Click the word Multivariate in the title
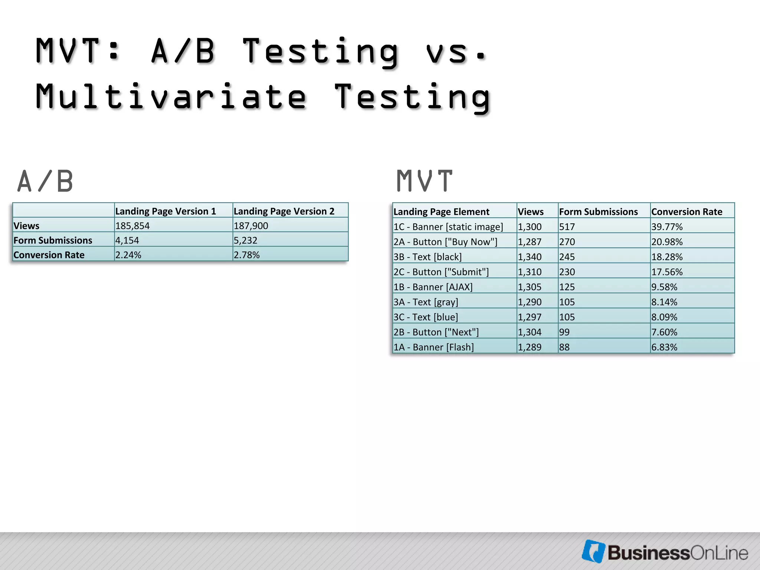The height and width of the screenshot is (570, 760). coord(171,96)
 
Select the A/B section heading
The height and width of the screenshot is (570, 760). coord(45,181)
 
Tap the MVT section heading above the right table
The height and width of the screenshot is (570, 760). coord(425,181)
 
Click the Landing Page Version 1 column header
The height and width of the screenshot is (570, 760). coord(166,211)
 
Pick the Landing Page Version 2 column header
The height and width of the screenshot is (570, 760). coord(284,211)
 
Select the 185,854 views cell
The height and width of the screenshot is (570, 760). coord(132,226)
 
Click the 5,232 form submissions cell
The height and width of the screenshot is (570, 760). coord(245,240)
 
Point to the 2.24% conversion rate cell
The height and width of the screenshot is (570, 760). coord(128,255)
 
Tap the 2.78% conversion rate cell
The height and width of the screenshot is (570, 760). coord(247,255)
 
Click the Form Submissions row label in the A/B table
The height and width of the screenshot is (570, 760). coord(53,240)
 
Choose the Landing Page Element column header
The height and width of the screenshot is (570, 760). coord(441,212)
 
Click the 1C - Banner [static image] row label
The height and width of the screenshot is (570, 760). coord(448,227)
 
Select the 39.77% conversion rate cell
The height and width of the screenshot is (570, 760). coord(667,227)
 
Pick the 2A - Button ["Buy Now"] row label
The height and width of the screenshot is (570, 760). coord(445,242)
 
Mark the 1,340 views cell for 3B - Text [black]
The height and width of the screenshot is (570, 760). coord(530,257)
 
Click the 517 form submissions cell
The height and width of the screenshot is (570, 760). coord(567,227)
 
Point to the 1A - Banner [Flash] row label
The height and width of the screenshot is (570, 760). coord(433,347)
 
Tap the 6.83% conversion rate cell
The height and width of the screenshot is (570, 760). coord(664,347)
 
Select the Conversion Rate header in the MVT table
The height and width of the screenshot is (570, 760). coord(687,212)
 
